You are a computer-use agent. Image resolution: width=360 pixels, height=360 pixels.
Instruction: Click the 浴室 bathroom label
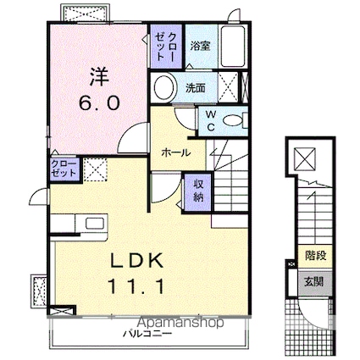click(200, 46)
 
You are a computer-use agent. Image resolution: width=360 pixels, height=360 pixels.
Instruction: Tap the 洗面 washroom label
click(195, 86)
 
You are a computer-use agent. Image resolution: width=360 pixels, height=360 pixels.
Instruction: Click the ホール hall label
click(175, 153)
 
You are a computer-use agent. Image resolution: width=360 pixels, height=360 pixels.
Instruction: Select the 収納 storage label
click(197, 191)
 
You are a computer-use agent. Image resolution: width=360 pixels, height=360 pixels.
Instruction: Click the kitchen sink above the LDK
click(90, 224)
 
